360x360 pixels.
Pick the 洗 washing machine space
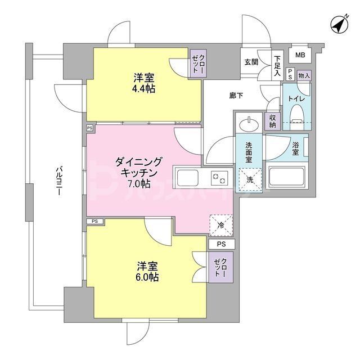click(x=249, y=179)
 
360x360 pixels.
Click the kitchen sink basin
click(x=187, y=179)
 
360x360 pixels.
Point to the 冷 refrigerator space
click(x=220, y=224)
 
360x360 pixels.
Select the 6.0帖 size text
click(x=147, y=277)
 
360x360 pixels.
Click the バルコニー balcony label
click(x=58, y=181)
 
